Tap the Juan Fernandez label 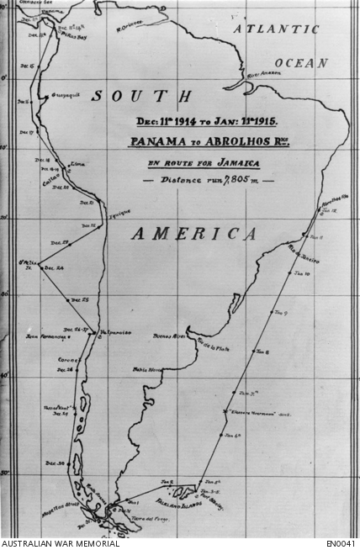pos(45,336)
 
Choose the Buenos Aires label pos(167,336)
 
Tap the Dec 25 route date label pos(81,300)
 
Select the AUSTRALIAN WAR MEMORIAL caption pos(60,544)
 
